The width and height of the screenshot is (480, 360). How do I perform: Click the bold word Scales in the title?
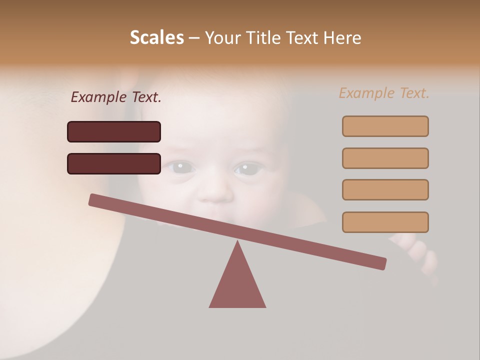[x=156, y=37]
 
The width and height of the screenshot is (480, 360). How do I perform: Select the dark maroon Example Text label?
[x=116, y=97]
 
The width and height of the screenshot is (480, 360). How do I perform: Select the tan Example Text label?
[x=384, y=93]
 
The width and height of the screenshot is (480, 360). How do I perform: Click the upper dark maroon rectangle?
[x=114, y=131]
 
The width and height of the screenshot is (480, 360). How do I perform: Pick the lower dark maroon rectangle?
[x=114, y=163]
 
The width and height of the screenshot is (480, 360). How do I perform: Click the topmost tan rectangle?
[x=385, y=126]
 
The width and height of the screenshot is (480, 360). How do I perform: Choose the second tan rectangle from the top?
[x=385, y=158]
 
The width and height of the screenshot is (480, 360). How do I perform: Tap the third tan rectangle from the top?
[x=385, y=189]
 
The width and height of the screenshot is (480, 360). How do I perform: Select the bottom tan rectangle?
[x=385, y=222]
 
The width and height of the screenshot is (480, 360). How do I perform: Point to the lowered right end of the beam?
[x=382, y=263]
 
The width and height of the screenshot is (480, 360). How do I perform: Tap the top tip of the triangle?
[x=237, y=242]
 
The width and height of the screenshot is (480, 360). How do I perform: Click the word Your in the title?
[x=223, y=37]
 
